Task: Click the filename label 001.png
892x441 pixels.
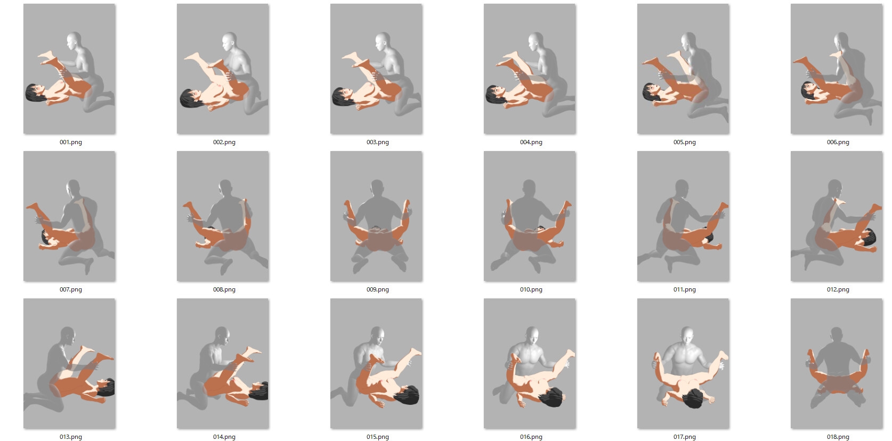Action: pyautogui.click(x=71, y=142)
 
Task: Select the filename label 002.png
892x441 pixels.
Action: pyautogui.click(x=224, y=142)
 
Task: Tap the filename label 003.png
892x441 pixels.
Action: pyautogui.click(x=377, y=142)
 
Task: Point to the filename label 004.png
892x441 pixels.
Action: pyautogui.click(x=531, y=142)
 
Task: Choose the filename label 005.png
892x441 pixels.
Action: pyautogui.click(x=685, y=142)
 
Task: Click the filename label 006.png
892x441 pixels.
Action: pyautogui.click(x=838, y=142)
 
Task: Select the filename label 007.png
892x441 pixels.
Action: pyautogui.click(x=71, y=289)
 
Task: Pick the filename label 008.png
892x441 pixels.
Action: pyautogui.click(x=224, y=289)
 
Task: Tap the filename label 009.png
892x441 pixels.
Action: pyautogui.click(x=377, y=289)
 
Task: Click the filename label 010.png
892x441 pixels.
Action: pyautogui.click(x=531, y=289)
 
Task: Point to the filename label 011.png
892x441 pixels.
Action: pyautogui.click(x=685, y=289)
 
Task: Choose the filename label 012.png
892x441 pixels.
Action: pyautogui.click(x=838, y=289)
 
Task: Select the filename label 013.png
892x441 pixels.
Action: pyautogui.click(x=71, y=437)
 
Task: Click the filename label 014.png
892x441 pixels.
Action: pyautogui.click(x=224, y=437)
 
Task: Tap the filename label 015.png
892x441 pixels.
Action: pyautogui.click(x=377, y=437)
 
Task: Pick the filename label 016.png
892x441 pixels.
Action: pyautogui.click(x=531, y=437)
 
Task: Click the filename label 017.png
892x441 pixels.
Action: pyautogui.click(x=685, y=437)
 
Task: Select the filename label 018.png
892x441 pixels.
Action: pyautogui.click(x=838, y=437)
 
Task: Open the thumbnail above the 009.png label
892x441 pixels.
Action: pyautogui.click(x=376, y=216)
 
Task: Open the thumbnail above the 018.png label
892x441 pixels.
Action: pyautogui.click(x=837, y=363)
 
